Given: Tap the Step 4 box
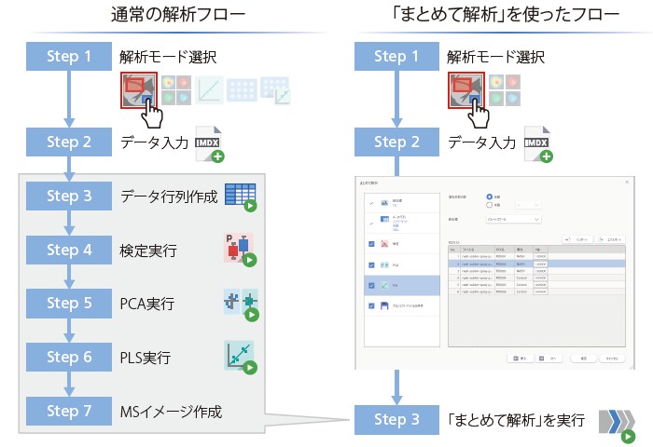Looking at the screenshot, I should coord(69,250).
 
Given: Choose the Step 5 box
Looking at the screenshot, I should coord(69,303).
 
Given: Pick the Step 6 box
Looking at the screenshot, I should coord(69,357).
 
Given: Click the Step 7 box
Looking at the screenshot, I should coord(69,410).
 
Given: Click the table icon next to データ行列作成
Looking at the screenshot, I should coord(240,197).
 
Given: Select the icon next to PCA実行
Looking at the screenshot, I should coord(240,304).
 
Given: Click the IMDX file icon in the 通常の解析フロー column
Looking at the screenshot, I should coord(208,143).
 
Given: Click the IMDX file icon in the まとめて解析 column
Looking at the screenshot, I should coord(535,143).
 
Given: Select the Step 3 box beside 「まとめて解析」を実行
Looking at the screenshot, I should coord(396,419).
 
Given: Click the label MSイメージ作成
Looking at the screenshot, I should coord(172,410).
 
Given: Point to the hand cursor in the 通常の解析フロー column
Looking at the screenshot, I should coord(152,115).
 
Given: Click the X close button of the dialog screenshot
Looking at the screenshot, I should coord(628,181).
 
